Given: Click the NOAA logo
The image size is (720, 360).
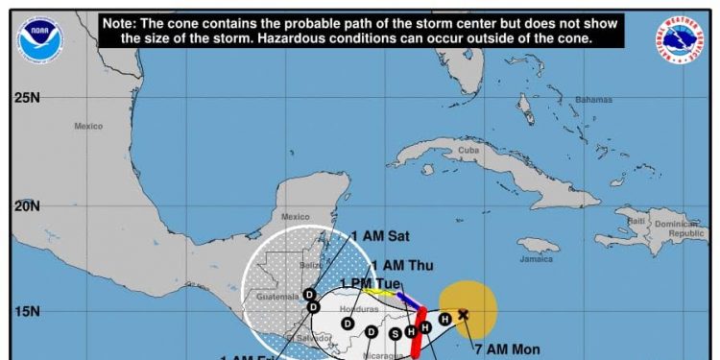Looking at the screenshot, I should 37,37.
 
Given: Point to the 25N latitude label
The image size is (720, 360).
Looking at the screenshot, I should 26,98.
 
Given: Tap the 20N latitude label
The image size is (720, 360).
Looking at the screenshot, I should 26,205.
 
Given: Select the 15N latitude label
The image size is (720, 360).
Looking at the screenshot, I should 26,312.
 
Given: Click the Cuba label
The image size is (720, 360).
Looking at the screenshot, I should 468,151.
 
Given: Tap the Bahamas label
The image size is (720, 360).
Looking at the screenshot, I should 593,100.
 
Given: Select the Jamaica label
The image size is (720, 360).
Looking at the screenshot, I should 539,259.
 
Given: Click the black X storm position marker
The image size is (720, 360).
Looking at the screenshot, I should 464,314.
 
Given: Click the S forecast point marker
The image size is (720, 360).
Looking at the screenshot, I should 396,333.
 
